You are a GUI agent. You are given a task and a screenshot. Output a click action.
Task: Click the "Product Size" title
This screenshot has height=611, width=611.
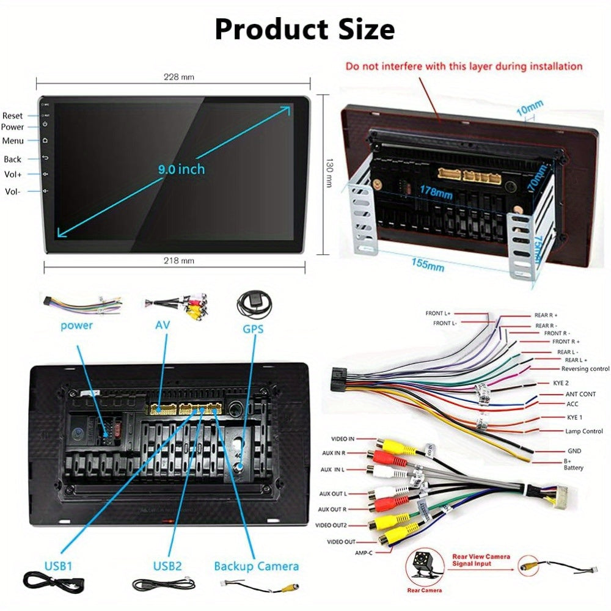tap(304, 29)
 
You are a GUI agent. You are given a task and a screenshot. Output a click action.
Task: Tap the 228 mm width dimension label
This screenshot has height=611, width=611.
tap(179, 77)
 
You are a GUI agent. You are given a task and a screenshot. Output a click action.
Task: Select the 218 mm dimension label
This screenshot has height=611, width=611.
tap(179, 261)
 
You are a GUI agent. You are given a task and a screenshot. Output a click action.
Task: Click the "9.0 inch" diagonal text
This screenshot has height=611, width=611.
tap(181, 169)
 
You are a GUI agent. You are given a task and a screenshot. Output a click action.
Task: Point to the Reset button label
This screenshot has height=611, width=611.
tap(12, 115)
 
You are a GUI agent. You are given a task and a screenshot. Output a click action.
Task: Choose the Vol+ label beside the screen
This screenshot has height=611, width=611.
tap(13, 174)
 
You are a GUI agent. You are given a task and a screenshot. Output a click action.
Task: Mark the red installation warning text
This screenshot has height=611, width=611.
tap(464, 66)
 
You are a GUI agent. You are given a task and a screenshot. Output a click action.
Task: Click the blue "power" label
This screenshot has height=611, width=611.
tap(76, 325)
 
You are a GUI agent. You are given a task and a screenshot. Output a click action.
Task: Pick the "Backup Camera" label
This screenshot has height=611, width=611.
tap(257, 566)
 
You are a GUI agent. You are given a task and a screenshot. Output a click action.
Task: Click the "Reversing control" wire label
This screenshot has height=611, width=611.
tap(585, 368)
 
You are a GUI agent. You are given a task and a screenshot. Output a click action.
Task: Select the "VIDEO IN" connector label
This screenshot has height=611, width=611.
tap(343, 439)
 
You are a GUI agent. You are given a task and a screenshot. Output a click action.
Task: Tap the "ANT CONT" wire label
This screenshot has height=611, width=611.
tap(580, 394)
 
